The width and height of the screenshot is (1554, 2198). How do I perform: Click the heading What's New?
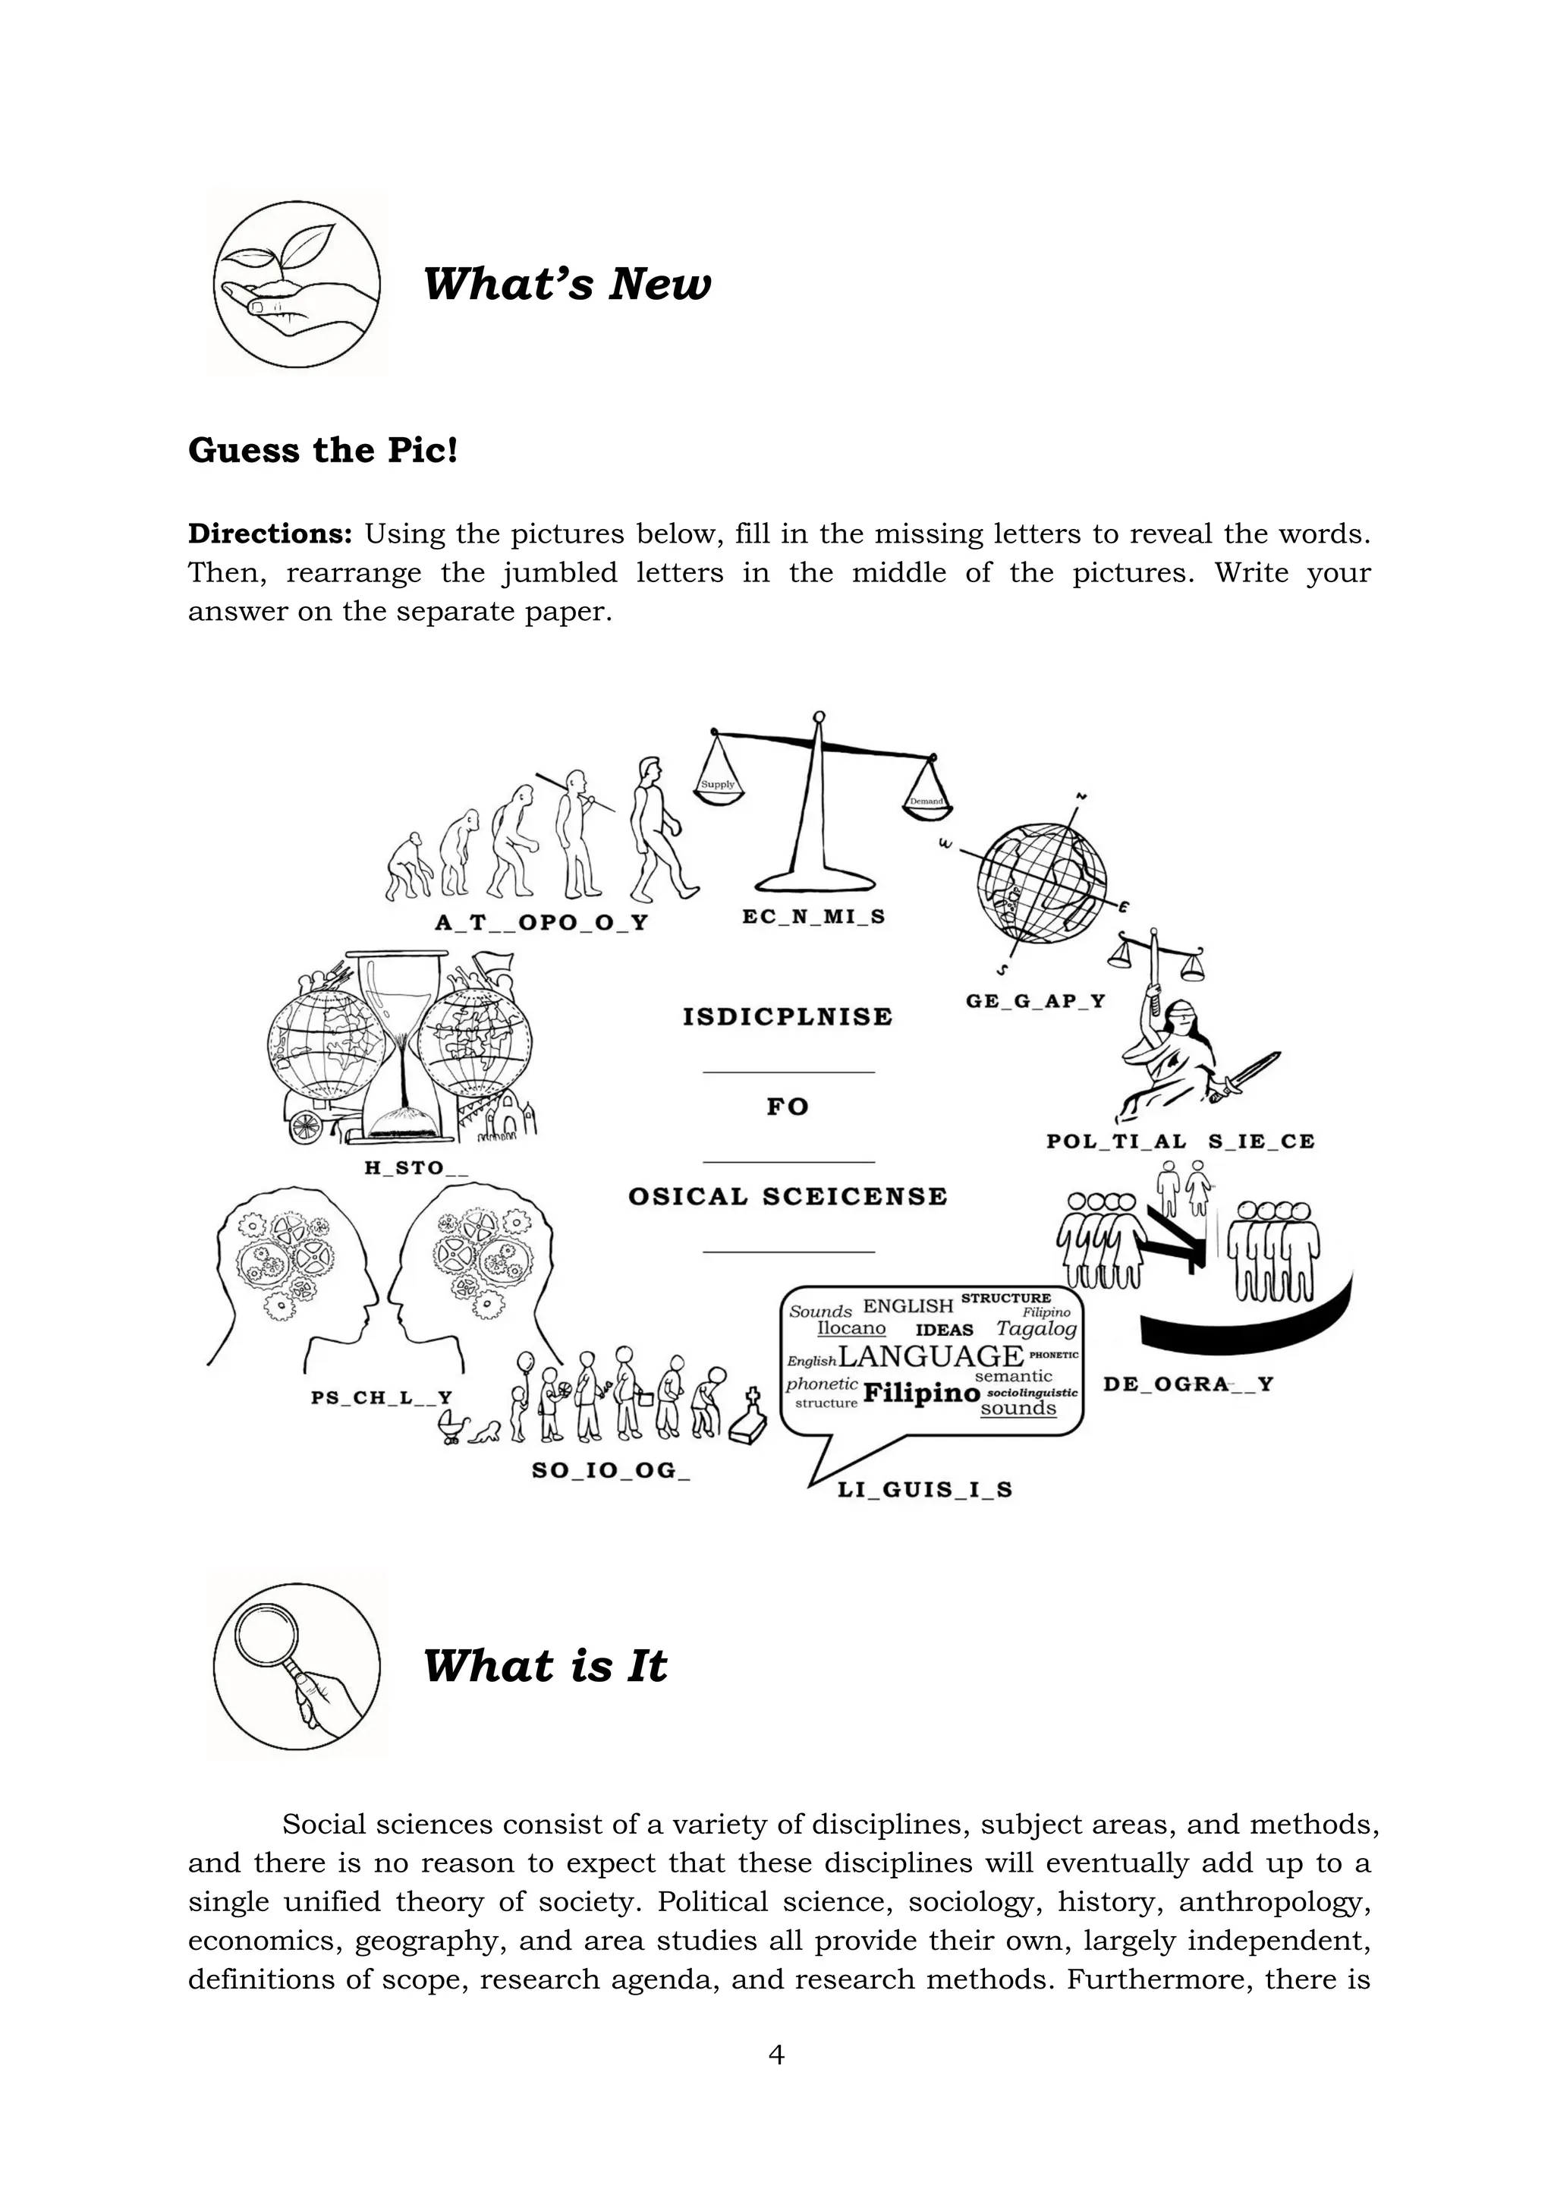[567, 285]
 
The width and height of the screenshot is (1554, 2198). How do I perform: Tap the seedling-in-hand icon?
[296, 285]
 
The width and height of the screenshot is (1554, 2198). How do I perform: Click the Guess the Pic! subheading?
[322, 450]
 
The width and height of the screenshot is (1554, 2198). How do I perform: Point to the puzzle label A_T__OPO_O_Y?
[542, 923]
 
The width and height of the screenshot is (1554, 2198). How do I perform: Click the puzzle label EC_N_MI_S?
[813, 917]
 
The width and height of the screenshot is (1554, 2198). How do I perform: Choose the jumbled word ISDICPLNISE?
[788, 1017]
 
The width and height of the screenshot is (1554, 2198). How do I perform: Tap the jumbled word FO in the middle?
[788, 1107]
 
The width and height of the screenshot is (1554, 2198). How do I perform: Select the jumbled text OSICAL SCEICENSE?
[788, 1197]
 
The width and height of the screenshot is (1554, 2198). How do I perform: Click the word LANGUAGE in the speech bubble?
[930, 1356]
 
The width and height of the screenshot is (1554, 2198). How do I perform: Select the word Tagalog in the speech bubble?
[1037, 1329]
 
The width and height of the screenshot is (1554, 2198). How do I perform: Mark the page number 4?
[776, 2055]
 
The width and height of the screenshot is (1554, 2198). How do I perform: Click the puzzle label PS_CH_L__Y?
[382, 1398]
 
